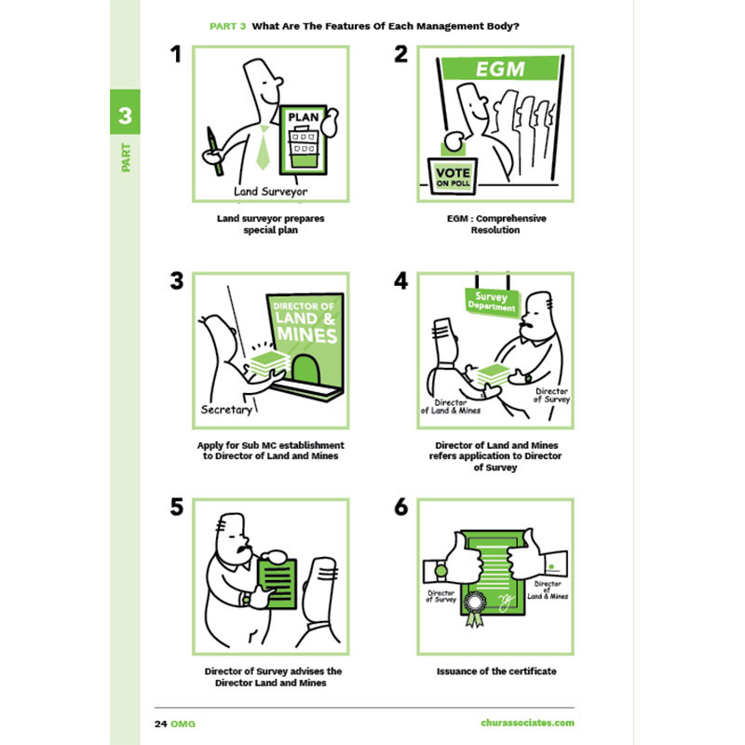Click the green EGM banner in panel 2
[500, 68]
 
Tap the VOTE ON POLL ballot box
[453, 176]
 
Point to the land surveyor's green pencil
[214, 151]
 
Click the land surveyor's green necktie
[263, 147]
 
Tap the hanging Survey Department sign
[493, 301]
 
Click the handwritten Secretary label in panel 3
[226, 410]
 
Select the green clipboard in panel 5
[278, 583]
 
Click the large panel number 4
[401, 281]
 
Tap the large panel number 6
[401, 507]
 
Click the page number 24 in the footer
[161, 724]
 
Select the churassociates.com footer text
[527, 723]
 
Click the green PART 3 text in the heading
[227, 26]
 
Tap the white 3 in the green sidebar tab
[125, 115]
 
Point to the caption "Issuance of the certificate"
[496, 670]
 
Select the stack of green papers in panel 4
[493, 374]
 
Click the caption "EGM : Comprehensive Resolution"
[496, 223]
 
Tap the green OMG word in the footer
[183, 724]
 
